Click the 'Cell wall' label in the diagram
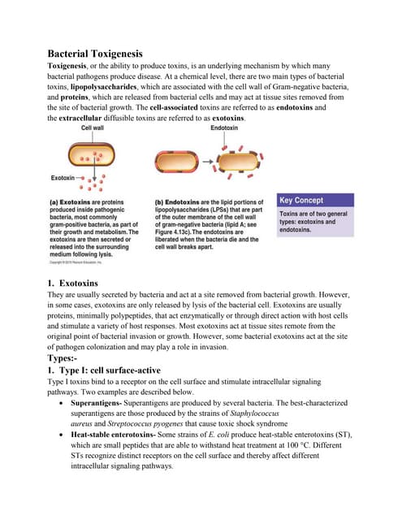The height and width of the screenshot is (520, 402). coord(96,128)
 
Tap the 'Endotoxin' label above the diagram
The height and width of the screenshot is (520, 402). coord(224,128)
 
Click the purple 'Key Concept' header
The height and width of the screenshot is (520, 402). coord(300,200)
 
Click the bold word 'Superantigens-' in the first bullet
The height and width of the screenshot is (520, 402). coord(99,403)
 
